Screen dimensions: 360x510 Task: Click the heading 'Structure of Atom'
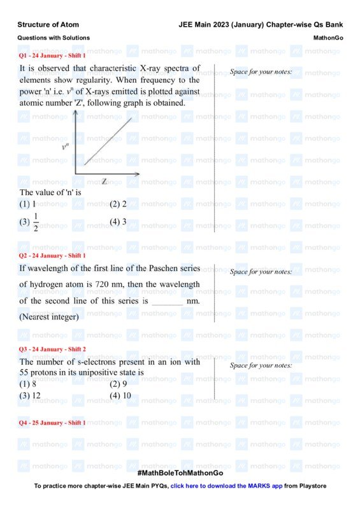tap(48, 25)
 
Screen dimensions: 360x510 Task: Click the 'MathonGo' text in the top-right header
tap(328, 38)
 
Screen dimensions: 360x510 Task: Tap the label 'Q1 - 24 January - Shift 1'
tap(52, 56)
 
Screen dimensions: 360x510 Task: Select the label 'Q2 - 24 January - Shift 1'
tap(52, 256)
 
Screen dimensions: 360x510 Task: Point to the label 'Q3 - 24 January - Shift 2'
tap(52, 349)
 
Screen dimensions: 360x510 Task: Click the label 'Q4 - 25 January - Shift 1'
tap(52, 423)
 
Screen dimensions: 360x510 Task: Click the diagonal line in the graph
tap(108, 140)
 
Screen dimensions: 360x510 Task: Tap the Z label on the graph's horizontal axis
tap(104, 182)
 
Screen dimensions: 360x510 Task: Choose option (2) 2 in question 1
tap(119, 205)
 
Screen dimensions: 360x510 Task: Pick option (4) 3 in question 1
tap(119, 222)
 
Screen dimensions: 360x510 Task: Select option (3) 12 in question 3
tap(30, 395)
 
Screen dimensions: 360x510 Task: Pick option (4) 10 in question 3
tap(120, 395)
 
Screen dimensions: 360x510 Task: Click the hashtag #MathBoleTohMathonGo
tap(180, 473)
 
